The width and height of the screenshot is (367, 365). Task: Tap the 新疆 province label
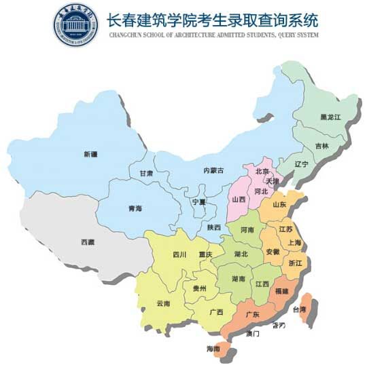[91, 154]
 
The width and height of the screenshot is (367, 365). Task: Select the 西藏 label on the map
[88, 242]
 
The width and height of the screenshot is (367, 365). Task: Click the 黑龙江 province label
[330, 117]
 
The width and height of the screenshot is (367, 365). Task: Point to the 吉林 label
[321, 146]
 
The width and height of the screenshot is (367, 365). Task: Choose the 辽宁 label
[301, 164]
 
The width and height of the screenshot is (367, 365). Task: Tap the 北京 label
[262, 172]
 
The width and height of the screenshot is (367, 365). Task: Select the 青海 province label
[135, 208]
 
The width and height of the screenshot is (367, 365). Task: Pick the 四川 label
[179, 255]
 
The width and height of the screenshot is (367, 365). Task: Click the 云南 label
[163, 303]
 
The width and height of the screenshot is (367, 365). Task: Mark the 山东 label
[279, 204]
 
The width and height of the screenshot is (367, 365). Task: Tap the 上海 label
[294, 242]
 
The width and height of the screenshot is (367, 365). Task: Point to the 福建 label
[281, 290]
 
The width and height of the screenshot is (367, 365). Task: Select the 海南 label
[213, 348]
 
